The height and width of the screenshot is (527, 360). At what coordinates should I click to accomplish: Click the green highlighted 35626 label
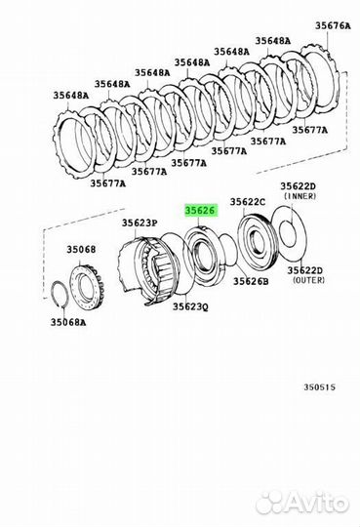click(201, 211)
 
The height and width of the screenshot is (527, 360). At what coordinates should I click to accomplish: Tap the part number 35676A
click(333, 25)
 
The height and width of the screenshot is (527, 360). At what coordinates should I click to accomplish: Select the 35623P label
click(140, 223)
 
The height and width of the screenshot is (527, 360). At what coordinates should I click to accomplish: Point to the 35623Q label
click(190, 306)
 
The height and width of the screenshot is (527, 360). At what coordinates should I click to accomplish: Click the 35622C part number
click(248, 202)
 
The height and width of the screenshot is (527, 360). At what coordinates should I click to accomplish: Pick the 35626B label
click(251, 281)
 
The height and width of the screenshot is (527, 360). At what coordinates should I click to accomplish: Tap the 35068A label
click(68, 322)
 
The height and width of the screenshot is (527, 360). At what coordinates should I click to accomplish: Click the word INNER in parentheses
click(300, 195)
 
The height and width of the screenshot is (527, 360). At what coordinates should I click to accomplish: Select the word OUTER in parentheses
click(309, 280)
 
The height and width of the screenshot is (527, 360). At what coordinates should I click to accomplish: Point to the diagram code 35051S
click(320, 387)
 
